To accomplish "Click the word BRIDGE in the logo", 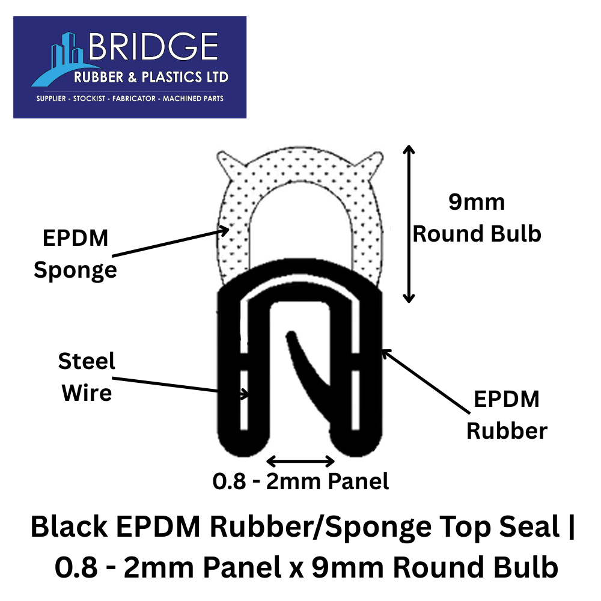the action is click(153, 46).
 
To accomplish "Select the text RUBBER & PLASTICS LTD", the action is click(151, 77).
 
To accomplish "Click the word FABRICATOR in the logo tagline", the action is click(134, 99).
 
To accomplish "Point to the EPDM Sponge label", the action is click(76, 255).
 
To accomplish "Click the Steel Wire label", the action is click(87, 377).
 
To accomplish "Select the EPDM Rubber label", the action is click(507, 415).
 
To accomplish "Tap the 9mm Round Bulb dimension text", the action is click(477, 218).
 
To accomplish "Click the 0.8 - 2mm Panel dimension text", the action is click(301, 481).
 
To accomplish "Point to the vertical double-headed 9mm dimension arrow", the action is click(409, 224).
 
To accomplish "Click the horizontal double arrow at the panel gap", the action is click(300, 461).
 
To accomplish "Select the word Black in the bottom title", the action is click(69, 526).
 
